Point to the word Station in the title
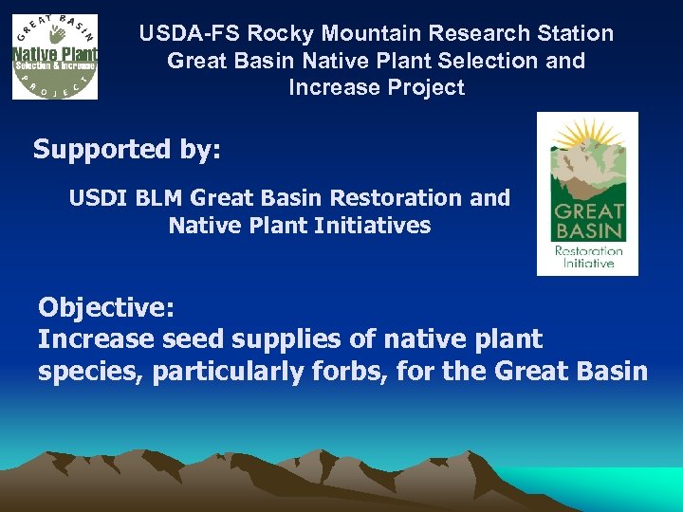(x=573, y=34)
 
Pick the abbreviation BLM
(x=156, y=198)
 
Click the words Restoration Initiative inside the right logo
(x=588, y=256)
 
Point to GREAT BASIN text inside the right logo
(x=588, y=221)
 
